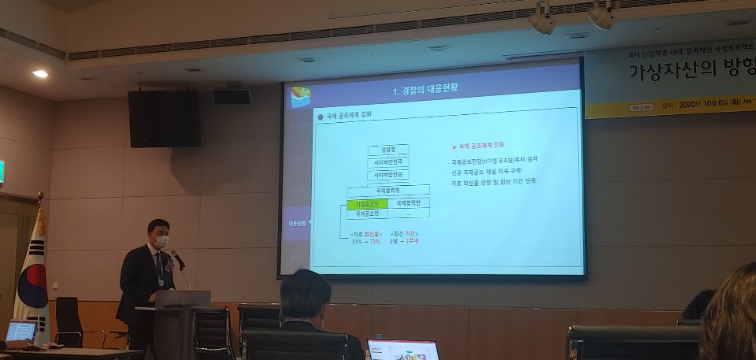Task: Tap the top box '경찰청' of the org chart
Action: coord(387,149)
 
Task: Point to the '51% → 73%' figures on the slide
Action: coord(365,241)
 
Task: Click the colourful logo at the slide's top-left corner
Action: coord(301,97)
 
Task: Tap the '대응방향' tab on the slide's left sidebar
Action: coord(296,224)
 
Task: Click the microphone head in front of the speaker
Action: coord(176,256)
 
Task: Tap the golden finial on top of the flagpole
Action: coord(40,195)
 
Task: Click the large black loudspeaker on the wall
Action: coord(164,118)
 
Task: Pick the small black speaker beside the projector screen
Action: coord(232,96)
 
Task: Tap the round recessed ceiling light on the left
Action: coord(40,74)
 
